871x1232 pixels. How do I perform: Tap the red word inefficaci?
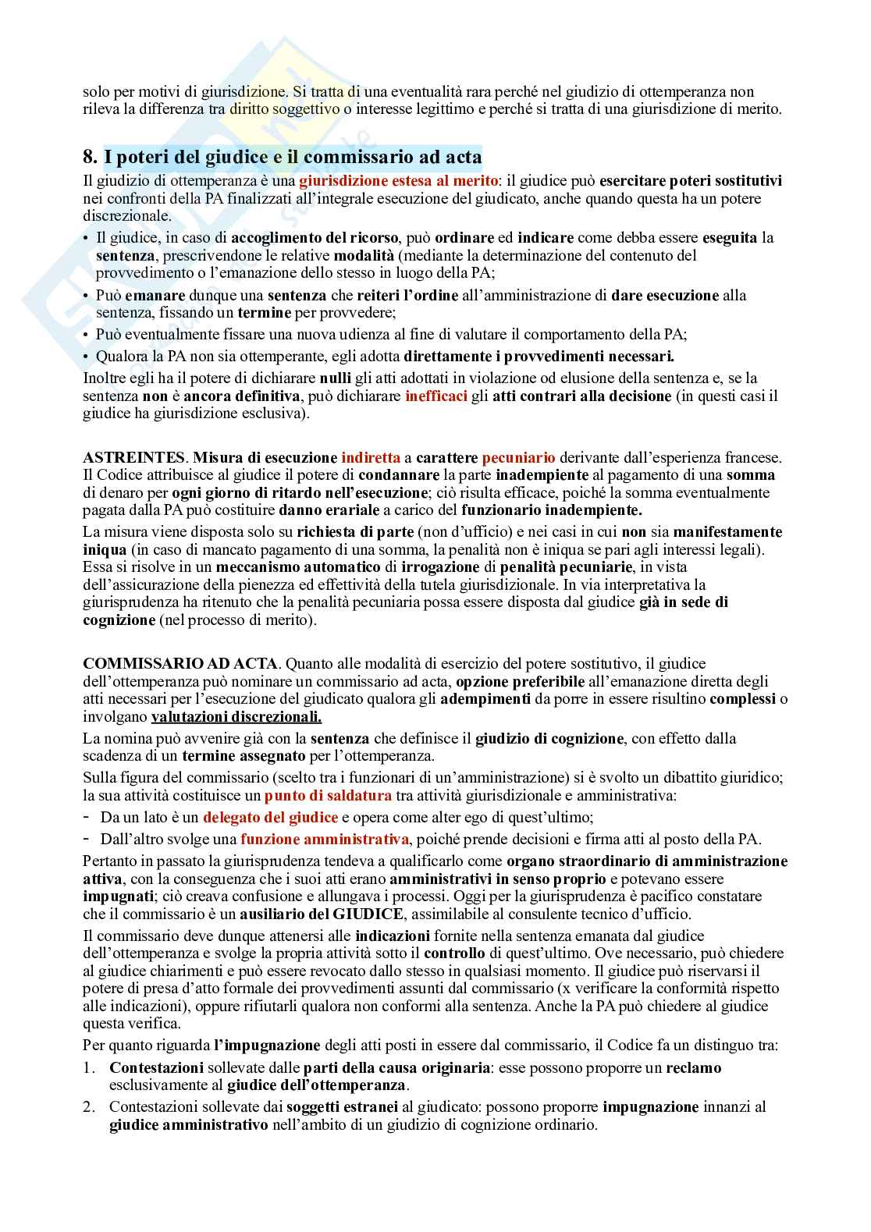[x=436, y=396]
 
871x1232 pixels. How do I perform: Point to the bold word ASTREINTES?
[x=134, y=458]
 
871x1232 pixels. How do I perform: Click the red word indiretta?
[x=371, y=458]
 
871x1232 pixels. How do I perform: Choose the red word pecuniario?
[x=518, y=458]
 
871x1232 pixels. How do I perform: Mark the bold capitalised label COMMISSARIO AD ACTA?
[x=180, y=664]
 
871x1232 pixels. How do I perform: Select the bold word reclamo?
[x=694, y=1068]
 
